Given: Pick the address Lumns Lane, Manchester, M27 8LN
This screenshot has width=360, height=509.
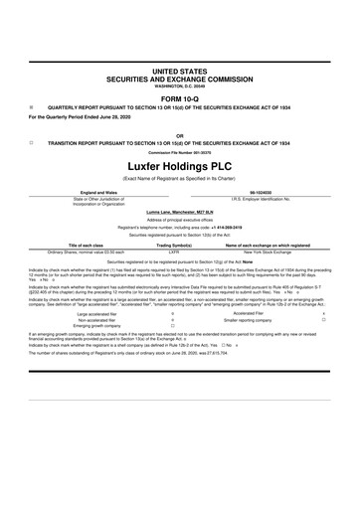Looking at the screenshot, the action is point(180,212).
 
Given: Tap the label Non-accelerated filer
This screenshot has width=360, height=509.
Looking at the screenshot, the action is point(84,319).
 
